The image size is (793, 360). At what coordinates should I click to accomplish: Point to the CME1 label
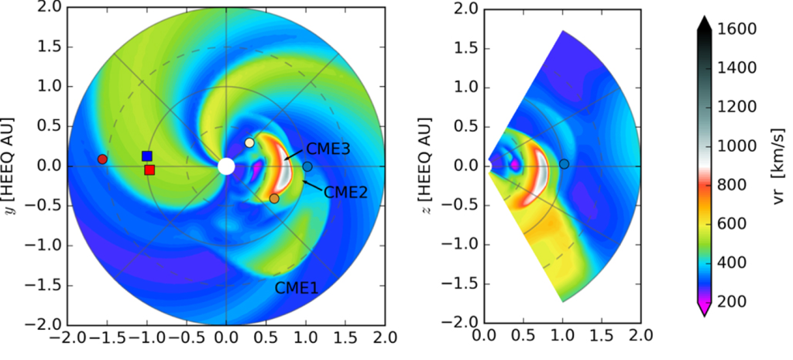click(x=297, y=288)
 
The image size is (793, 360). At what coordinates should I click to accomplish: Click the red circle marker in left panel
click(x=102, y=159)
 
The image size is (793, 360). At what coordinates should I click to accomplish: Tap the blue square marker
click(x=147, y=156)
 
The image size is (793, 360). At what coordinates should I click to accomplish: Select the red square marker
click(x=149, y=170)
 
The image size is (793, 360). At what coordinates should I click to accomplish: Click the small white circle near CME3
click(x=249, y=143)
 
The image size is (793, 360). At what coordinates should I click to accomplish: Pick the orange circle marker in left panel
click(x=274, y=199)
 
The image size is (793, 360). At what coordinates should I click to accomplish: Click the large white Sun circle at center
click(x=226, y=166)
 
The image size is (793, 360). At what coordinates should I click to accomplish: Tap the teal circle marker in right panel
click(x=565, y=163)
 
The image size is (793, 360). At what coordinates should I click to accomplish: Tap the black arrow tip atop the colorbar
click(x=703, y=23)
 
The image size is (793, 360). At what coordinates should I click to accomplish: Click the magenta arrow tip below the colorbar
click(x=703, y=309)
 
